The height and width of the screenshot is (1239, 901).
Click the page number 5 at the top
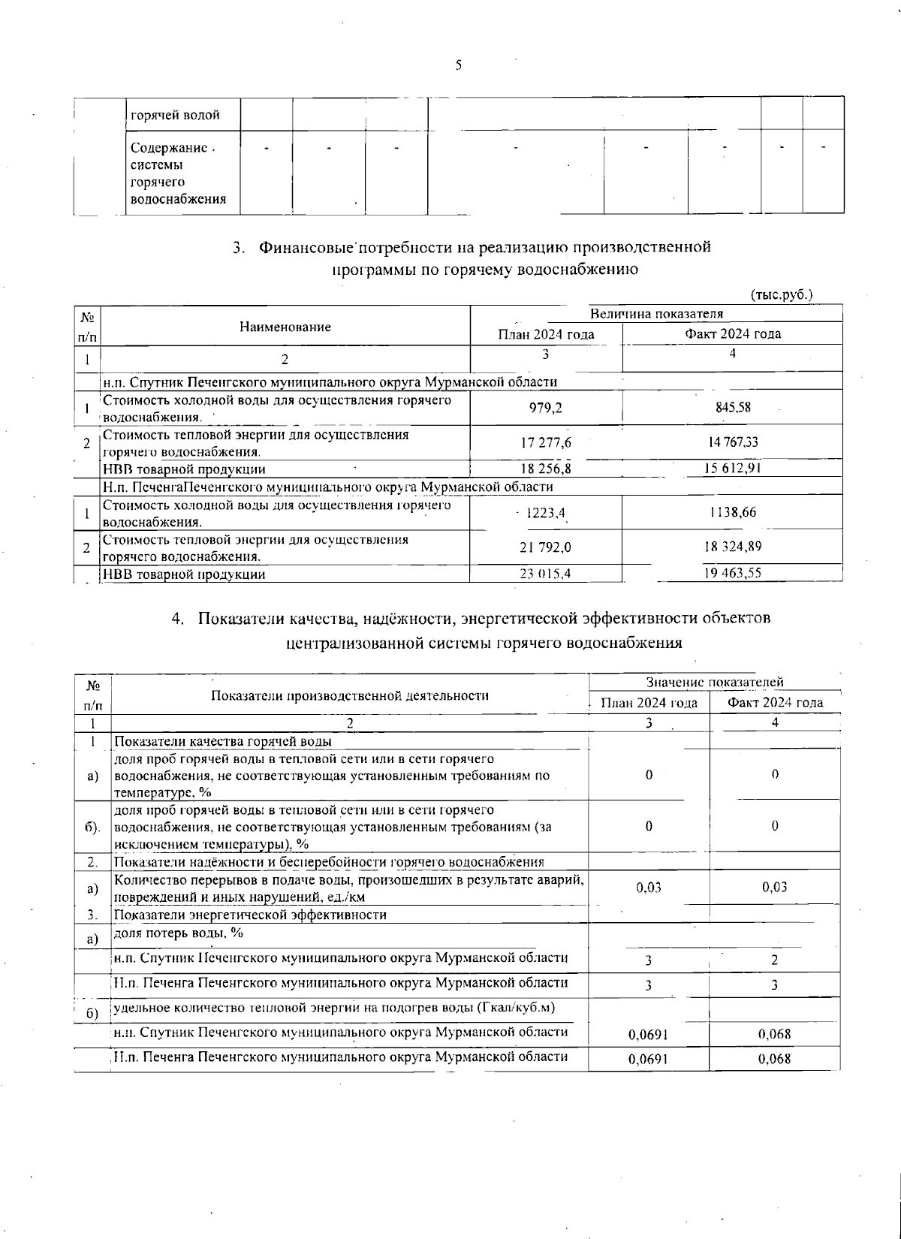tap(458, 65)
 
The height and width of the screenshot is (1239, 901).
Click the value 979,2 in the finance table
tap(546, 408)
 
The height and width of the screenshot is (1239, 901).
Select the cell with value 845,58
tap(732, 408)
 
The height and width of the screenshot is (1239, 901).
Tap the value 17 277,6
tap(546, 442)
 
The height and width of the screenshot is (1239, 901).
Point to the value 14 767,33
tap(732, 442)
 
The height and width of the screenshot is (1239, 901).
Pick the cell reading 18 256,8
tap(546, 469)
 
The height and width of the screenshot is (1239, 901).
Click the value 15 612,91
tap(732, 469)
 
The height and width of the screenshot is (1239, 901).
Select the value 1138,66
tap(732, 513)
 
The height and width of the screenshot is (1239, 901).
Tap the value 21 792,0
tap(546, 547)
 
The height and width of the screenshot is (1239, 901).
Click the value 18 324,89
tap(732, 547)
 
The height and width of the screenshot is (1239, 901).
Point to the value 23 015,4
tap(546, 574)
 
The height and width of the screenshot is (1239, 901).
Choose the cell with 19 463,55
tap(732, 574)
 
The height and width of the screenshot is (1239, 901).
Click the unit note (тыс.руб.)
tap(782, 295)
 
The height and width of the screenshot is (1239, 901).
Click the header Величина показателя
tap(656, 314)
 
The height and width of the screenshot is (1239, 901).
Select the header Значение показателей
tap(715, 682)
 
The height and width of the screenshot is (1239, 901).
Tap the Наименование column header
tap(285, 327)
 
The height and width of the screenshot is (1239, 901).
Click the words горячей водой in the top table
tap(175, 116)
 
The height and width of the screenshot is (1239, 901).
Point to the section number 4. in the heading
tap(178, 619)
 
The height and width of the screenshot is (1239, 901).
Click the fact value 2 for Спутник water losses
tap(774, 960)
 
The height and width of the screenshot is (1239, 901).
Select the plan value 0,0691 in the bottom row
tap(648, 1060)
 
